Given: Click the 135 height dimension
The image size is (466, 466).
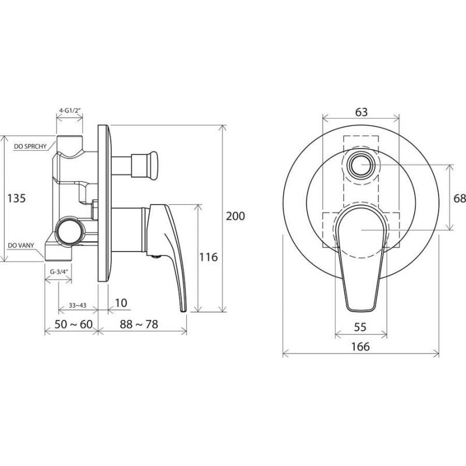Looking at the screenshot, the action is pos(17,198).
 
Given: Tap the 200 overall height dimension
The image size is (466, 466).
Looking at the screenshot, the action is pos(235,216).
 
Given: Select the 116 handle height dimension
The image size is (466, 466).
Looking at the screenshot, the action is pos(209,257).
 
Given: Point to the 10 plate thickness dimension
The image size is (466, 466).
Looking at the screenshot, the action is pos(121,303).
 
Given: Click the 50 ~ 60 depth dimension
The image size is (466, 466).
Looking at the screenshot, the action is pos(74,324).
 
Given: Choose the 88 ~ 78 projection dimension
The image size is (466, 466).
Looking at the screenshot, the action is pos(139,324).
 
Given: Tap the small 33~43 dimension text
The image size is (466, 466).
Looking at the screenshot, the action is pos(77,305).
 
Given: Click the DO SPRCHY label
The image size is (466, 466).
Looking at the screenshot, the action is pos(30,147).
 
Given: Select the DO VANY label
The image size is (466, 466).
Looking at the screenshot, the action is pos(21,245).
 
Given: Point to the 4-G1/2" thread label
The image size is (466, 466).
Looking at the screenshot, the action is pos(70,110).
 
